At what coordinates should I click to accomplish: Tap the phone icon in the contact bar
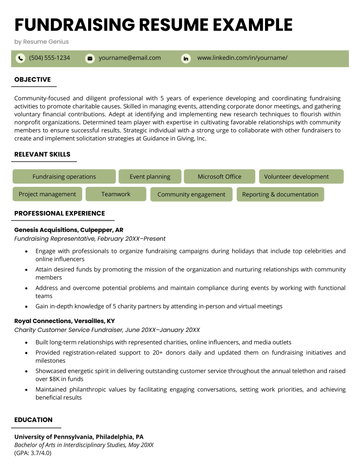(x=21, y=59)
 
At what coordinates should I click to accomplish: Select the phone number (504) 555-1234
(x=50, y=59)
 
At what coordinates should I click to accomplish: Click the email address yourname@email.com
(x=129, y=59)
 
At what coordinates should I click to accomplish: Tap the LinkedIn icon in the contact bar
(x=185, y=59)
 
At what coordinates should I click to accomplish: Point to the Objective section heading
(x=33, y=79)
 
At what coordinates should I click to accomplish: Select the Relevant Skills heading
(x=43, y=156)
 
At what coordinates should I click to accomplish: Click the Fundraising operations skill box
(x=56, y=176)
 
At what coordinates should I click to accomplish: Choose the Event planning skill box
(x=150, y=176)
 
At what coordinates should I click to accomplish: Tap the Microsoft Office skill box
(x=219, y=176)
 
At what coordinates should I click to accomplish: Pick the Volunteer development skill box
(x=296, y=176)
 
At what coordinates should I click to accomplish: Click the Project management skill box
(x=47, y=194)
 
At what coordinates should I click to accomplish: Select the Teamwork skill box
(x=116, y=194)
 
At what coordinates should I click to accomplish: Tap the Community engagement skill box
(x=191, y=194)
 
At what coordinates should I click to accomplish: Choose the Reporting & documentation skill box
(x=280, y=194)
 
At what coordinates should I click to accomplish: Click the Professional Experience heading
(x=59, y=214)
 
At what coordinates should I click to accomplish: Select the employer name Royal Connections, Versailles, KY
(x=64, y=321)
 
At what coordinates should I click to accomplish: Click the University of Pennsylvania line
(x=78, y=437)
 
